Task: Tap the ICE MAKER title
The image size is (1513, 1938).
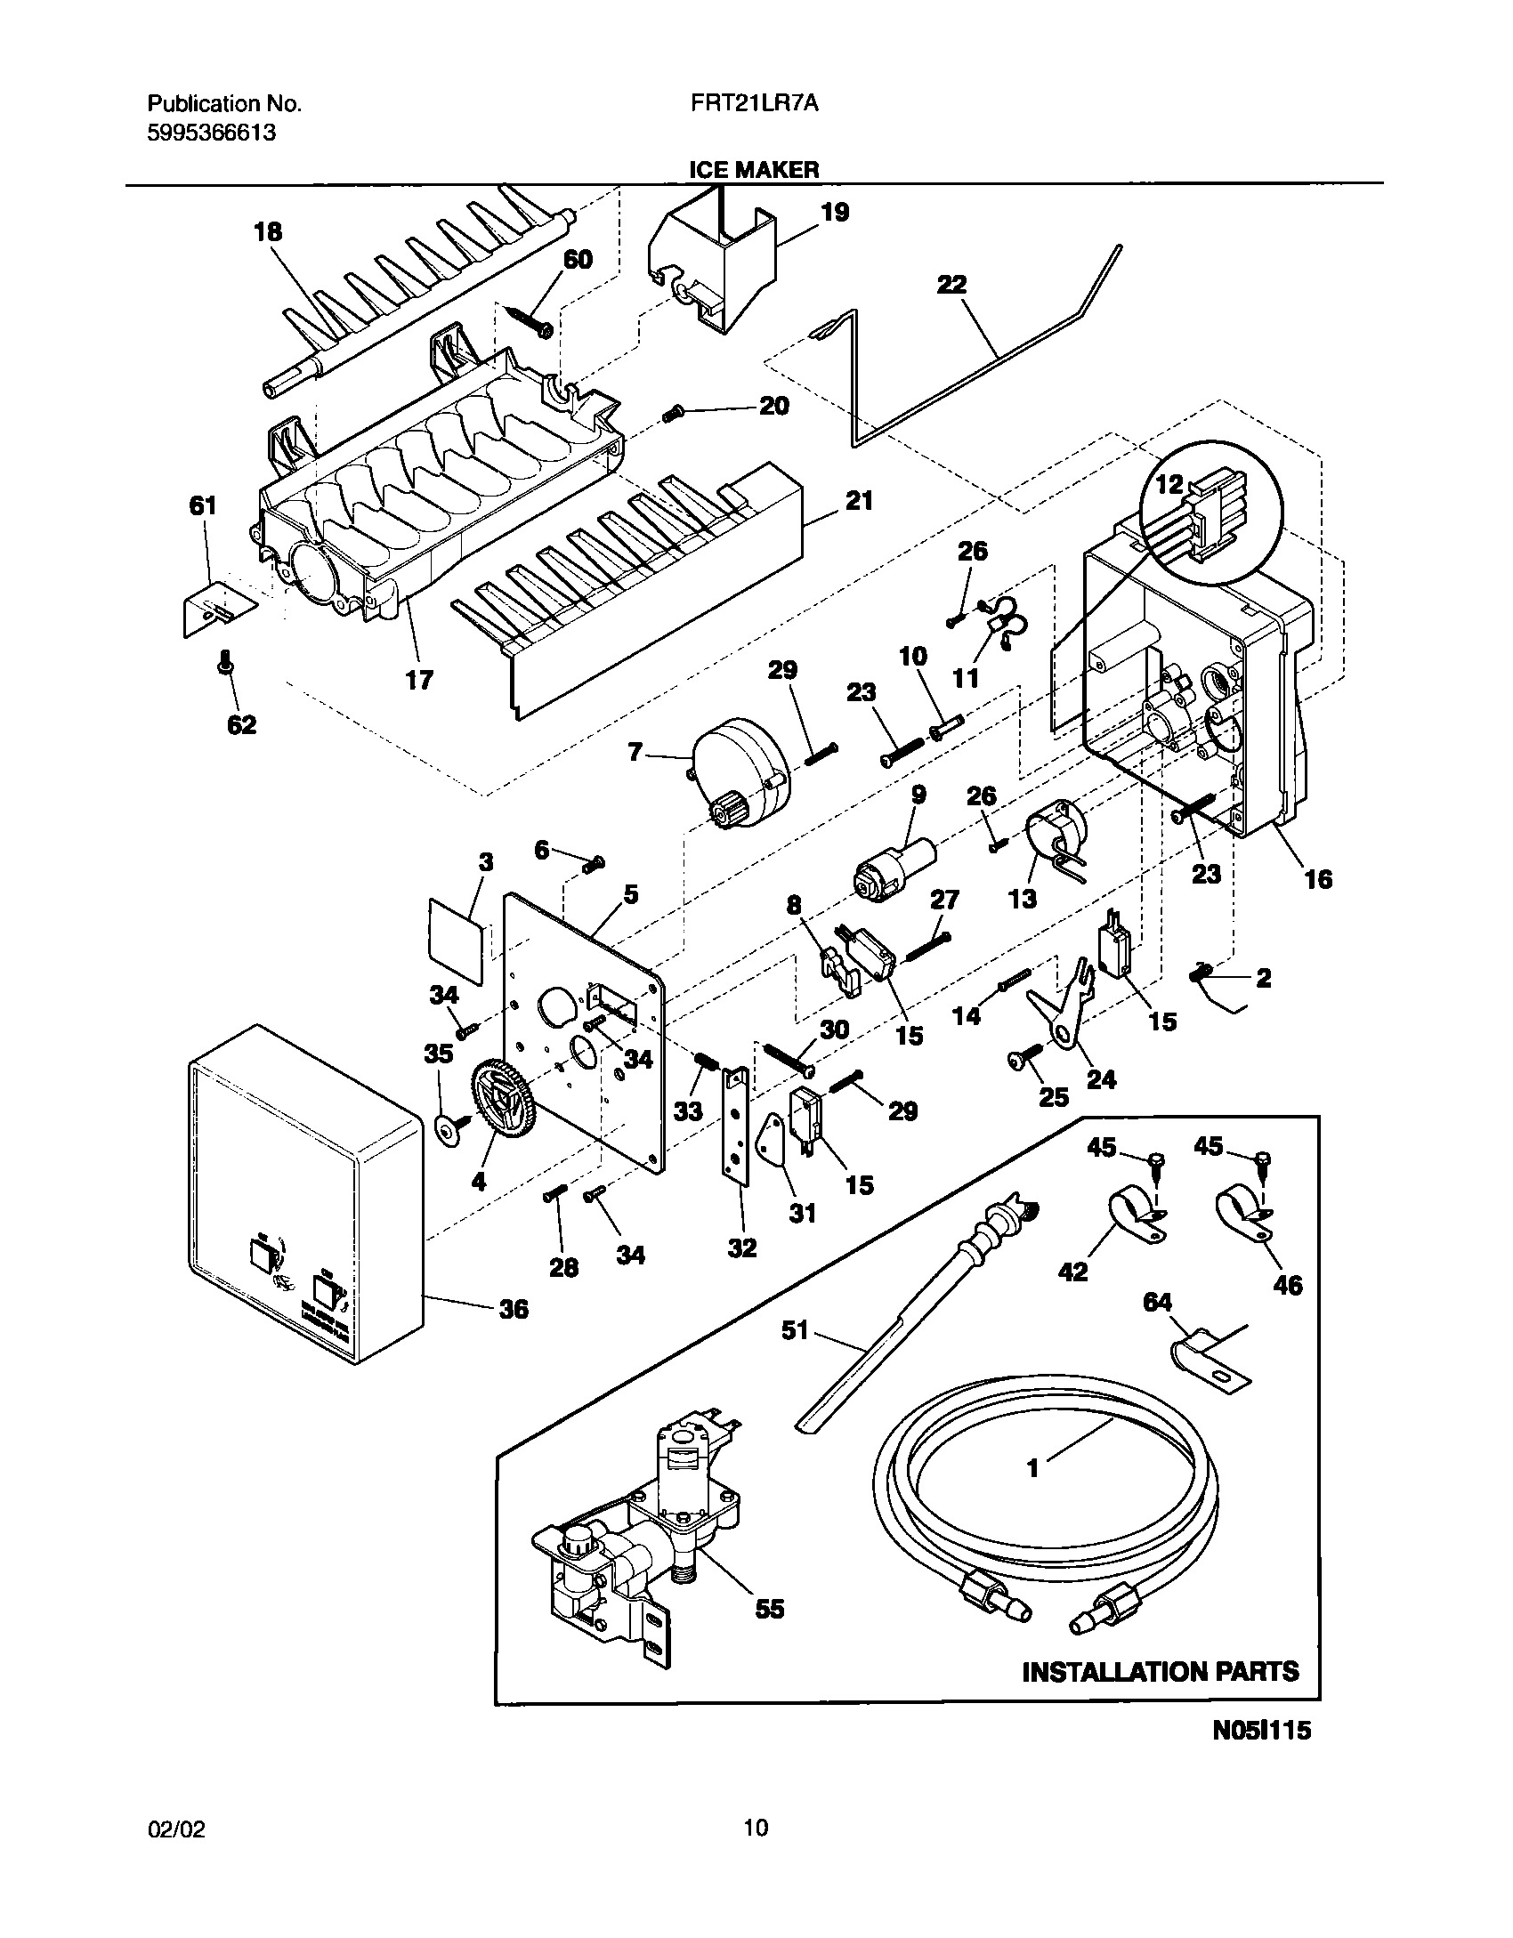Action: [x=755, y=170]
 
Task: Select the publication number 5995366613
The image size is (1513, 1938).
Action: [x=211, y=133]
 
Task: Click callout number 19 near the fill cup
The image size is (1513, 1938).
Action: [x=835, y=212]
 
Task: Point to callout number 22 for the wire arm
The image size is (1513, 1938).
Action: [x=951, y=285]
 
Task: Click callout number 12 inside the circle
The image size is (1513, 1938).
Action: [x=1169, y=485]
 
